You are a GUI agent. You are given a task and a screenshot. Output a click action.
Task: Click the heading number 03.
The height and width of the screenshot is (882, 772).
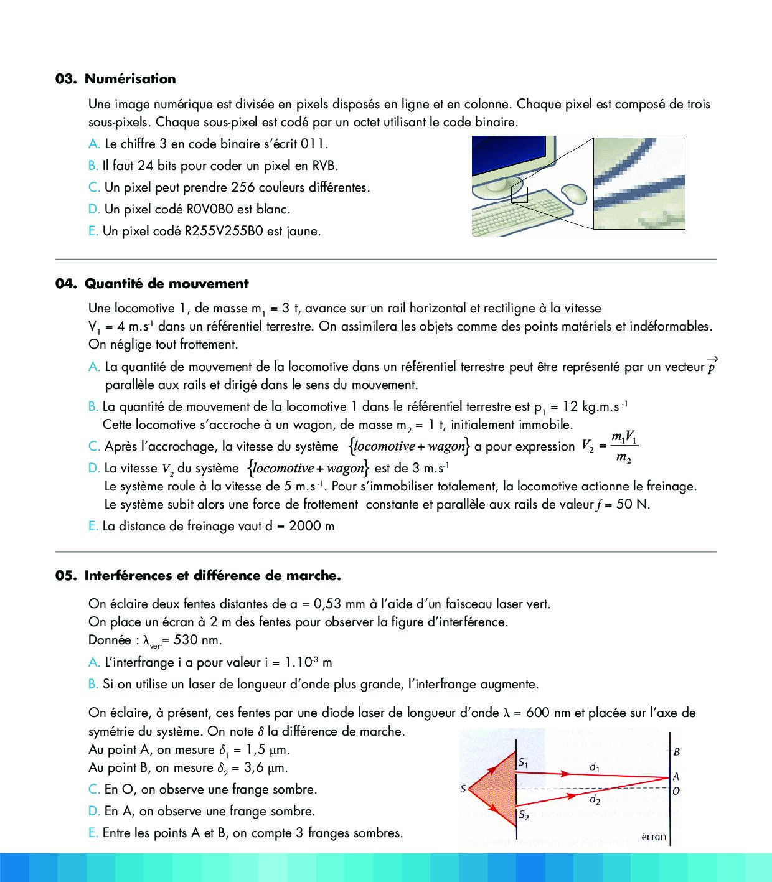pos(65,79)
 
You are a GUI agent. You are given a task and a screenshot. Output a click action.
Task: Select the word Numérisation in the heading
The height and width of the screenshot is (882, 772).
pos(130,79)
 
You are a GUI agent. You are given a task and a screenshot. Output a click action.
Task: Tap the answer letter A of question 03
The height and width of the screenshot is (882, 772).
pos(93,144)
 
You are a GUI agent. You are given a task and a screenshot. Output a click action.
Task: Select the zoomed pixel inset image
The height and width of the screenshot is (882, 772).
pos(639,184)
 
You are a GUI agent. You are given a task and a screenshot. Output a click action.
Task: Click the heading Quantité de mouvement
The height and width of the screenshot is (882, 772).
pos(166,284)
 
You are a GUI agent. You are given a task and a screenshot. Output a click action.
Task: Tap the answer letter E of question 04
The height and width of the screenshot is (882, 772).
pos(93,527)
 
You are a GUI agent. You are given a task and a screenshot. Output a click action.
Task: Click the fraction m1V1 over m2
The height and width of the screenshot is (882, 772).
pos(624,447)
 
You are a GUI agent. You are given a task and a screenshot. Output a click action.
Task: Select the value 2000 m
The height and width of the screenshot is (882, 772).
pos(312,527)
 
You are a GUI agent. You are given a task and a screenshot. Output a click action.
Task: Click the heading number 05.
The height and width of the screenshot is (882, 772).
pos(65,576)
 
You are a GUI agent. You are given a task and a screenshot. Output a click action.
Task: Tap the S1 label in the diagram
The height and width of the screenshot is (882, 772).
pos(524,761)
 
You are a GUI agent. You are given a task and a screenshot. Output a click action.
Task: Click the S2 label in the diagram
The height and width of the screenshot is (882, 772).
pos(524,815)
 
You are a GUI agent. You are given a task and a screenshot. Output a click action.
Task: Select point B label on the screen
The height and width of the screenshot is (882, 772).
pos(677,751)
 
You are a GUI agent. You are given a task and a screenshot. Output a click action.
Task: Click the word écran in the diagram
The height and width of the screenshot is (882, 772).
pos(653,837)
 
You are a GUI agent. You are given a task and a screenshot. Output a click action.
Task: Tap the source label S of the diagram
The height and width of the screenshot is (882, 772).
pos(463,789)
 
